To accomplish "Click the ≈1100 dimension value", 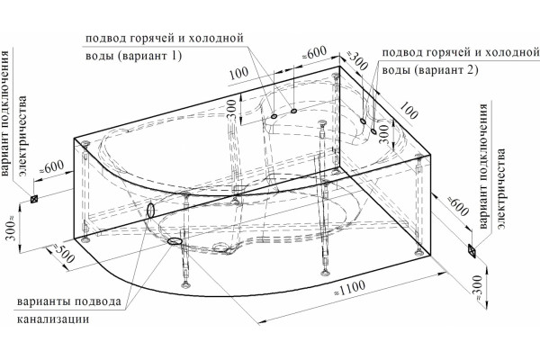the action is tap(349, 288).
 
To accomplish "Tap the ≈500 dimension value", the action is tap(63, 253).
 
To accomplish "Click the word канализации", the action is tap(53, 319).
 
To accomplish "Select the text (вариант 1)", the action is tap(149, 56).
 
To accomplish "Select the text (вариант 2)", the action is tap(446, 70).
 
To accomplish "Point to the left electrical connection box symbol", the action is tap(34, 199).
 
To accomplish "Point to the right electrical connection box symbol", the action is tap(472, 250).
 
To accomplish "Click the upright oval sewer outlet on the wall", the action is tap(150, 210).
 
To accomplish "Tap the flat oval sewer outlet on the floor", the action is tap(175, 241).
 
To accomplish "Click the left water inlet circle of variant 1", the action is tap(274, 116).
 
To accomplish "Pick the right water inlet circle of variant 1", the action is tap(293, 111).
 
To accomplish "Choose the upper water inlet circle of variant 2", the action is tap(363, 121).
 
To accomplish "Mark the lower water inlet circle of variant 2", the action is tap(373, 130).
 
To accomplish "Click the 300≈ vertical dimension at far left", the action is tap(12, 228).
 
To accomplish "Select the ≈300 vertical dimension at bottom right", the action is tap(477, 287).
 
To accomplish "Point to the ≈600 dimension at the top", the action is tap(314, 53).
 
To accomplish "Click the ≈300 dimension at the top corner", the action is tap(356, 61).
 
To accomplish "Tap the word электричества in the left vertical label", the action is tap(23, 135).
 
